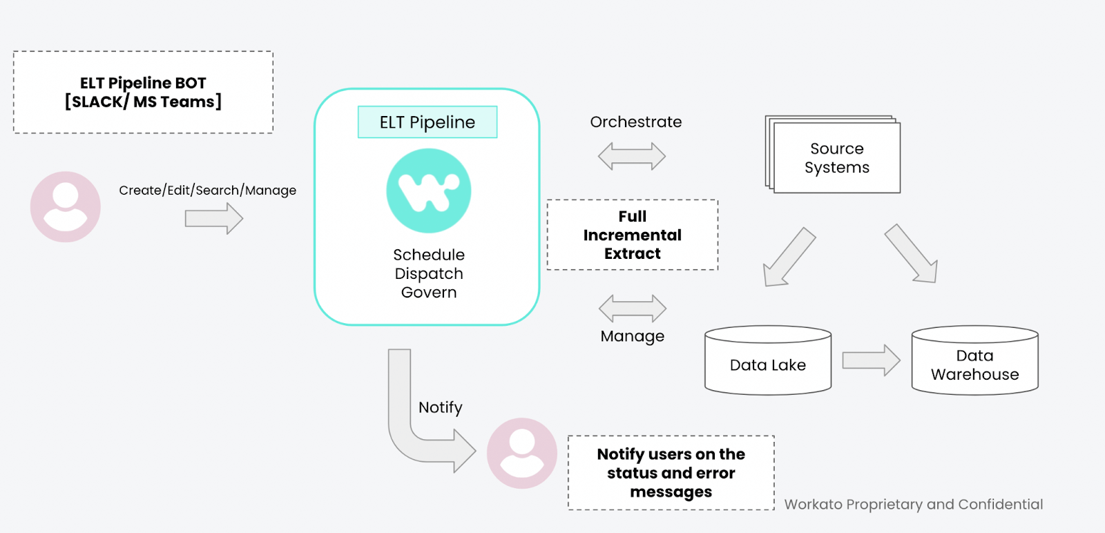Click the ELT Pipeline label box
(427, 122)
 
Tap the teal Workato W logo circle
(428, 191)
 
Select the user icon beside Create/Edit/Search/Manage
(66, 206)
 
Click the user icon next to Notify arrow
(521, 453)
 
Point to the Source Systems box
(836, 158)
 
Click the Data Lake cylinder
(767, 361)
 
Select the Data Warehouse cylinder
(974, 361)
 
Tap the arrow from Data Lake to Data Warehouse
(871, 360)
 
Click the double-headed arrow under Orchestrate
(631, 156)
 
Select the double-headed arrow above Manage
(632, 308)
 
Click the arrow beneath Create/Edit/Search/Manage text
(213, 219)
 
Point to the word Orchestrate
(635, 122)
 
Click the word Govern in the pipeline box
(428, 293)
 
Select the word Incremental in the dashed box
(632, 235)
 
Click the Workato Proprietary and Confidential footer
(913, 504)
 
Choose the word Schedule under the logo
(428, 255)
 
